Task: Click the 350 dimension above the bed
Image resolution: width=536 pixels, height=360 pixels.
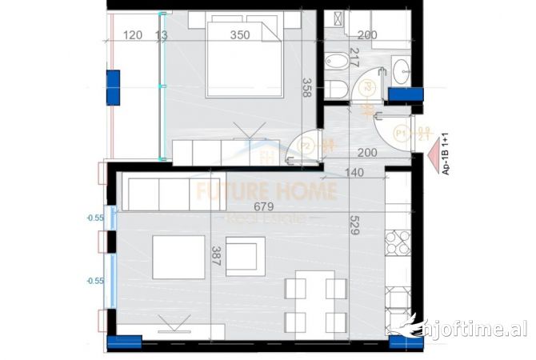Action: tap(238, 34)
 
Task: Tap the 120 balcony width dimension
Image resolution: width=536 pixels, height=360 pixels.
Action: tap(134, 34)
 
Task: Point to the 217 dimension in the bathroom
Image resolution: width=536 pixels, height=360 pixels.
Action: tap(356, 57)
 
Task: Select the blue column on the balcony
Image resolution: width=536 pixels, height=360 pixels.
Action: tap(112, 87)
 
